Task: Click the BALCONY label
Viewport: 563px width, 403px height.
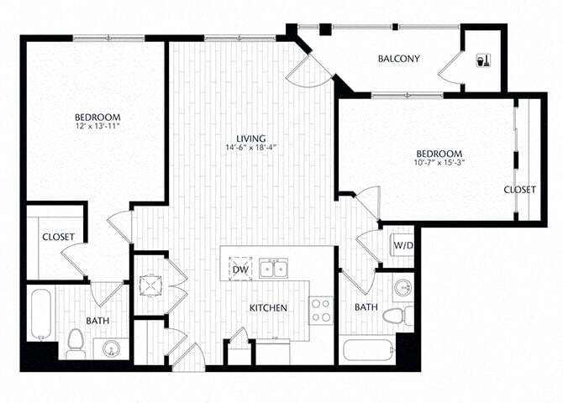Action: pos(398,58)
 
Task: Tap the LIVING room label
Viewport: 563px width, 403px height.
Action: pos(251,138)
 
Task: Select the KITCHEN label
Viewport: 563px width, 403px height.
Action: pos(268,308)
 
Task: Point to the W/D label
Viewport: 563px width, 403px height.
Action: pos(403,245)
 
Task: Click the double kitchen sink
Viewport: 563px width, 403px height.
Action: pos(272,269)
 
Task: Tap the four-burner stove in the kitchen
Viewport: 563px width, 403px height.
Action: pos(321,310)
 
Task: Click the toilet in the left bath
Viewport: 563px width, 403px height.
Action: pos(74,341)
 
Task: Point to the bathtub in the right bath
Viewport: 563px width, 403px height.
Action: pos(366,349)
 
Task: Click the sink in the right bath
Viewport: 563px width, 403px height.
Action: pos(402,287)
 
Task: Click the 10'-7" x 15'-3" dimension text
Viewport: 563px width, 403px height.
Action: pos(439,163)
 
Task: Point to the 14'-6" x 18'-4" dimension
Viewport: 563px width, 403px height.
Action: pos(251,149)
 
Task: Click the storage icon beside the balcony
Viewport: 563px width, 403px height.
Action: pos(483,60)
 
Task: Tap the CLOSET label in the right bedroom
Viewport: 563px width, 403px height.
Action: pos(519,190)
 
